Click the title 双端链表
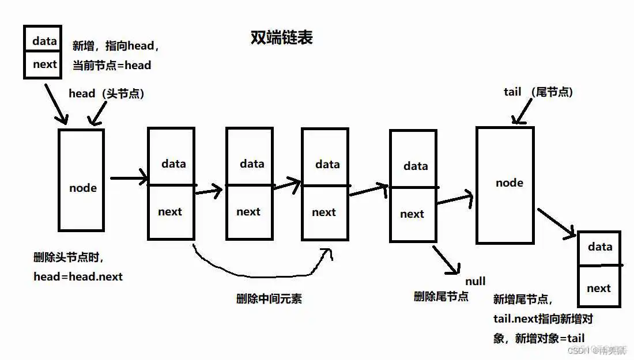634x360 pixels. [282, 39]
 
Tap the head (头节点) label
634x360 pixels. [106, 93]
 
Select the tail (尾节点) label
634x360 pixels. [538, 92]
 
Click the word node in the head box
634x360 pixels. [83, 188]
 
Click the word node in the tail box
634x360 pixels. [510, 183]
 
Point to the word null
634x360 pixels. [476, 281]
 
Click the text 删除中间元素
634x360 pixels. [269, 298]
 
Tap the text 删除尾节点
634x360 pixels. [441, 297]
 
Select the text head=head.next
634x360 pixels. [78, 276]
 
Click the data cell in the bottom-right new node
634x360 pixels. [599, 247]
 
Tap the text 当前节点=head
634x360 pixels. [111, 66]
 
